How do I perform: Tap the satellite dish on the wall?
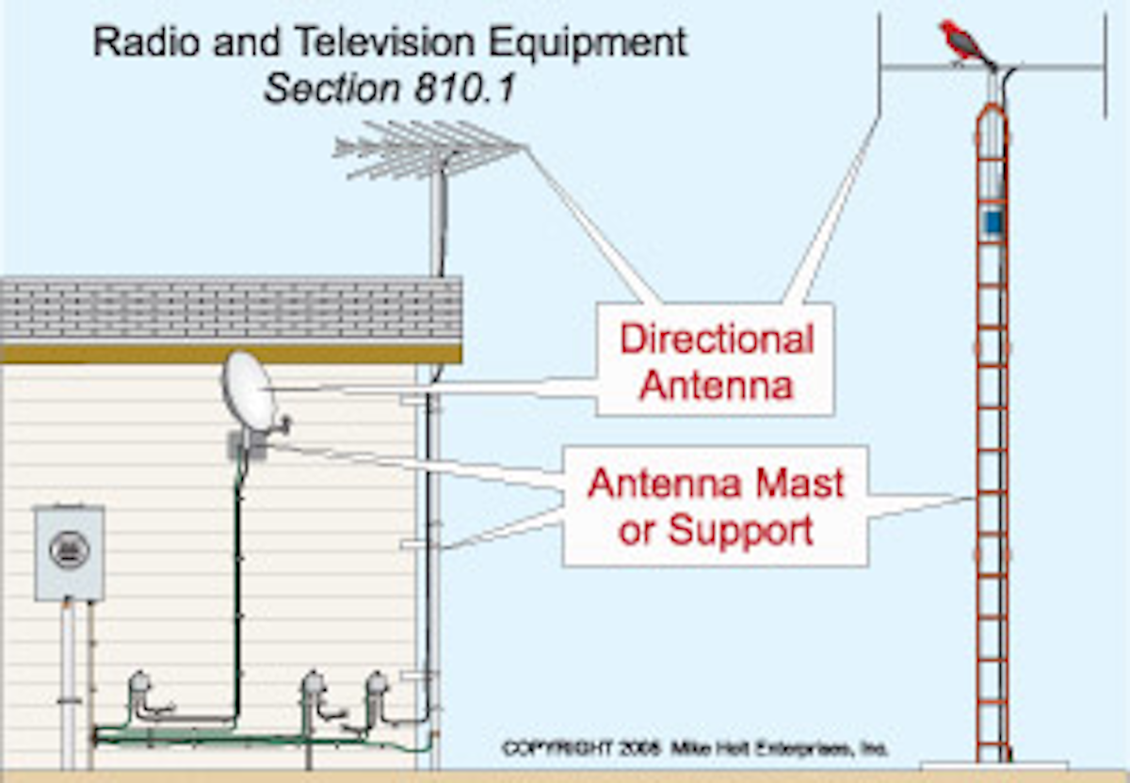click(249, 391)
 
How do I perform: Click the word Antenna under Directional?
click(716, 385)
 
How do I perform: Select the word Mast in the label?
click(800, 484)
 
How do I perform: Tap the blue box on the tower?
click(992, 222)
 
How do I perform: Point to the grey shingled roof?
click(231, 309)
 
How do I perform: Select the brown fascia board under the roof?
click(231, 353)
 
